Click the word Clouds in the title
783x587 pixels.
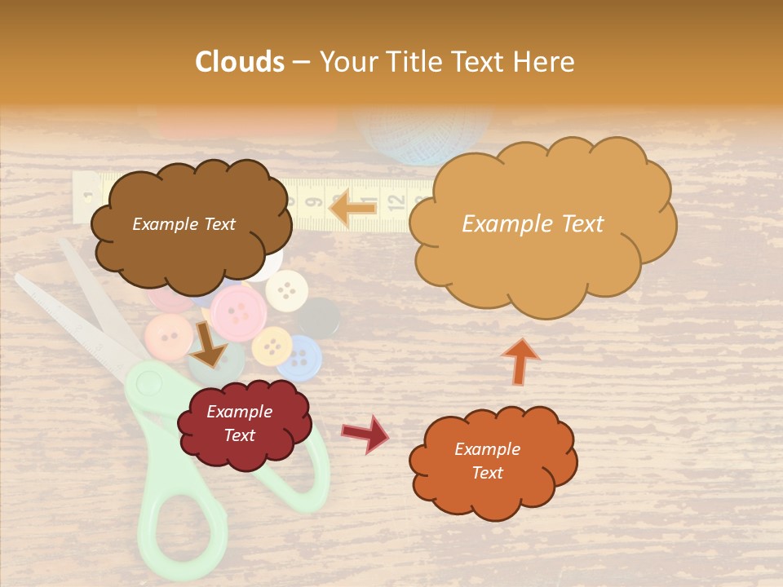(x=240, y=62)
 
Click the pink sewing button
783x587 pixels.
(x=239, y=309)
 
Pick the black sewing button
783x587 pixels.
(x=320, y=317)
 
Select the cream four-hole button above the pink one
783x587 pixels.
(x=285, y=287)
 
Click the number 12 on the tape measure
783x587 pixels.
(x=392, y=199)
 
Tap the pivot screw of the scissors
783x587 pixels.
(x=148, y=380)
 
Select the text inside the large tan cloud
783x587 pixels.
(x=533, y=224)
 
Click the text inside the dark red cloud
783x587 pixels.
(x=239, y=424)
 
